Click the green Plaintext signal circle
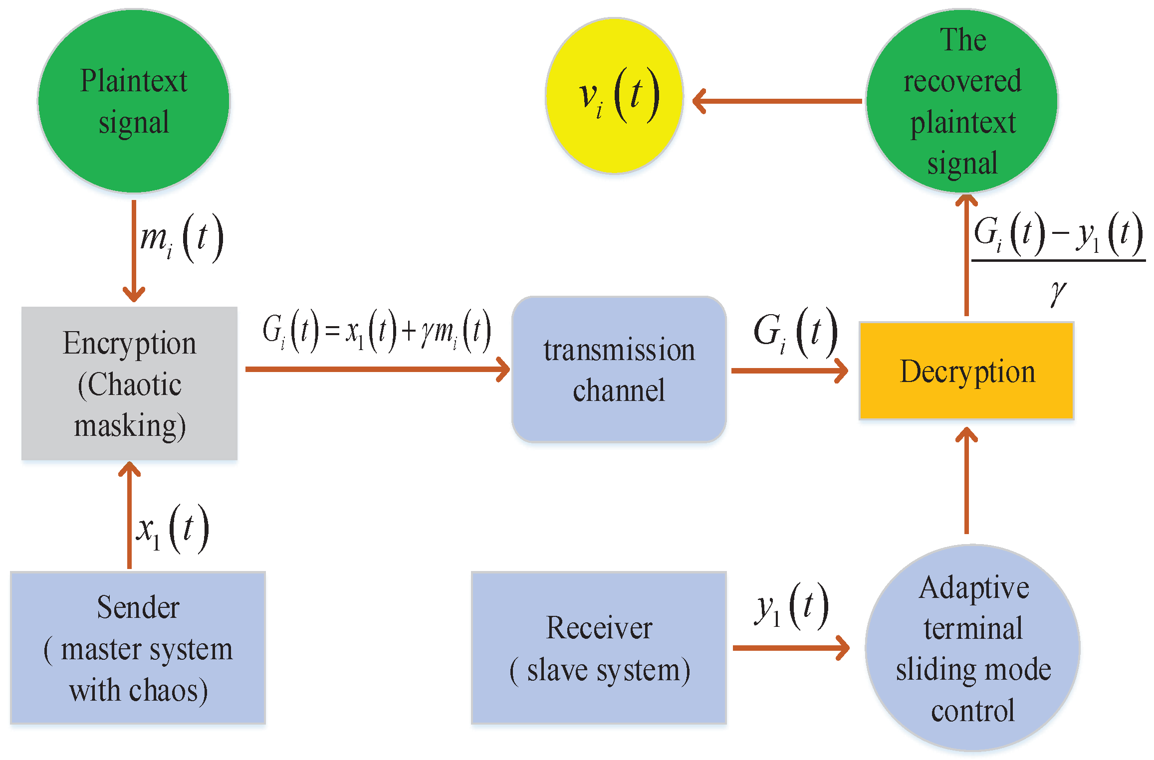click(134, 101)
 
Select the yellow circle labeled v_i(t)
click(615, 96)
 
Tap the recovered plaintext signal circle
click(962, 101)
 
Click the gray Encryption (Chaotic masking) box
click(129, 383)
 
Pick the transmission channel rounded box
click(619, 370)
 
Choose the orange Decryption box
click(966, 371)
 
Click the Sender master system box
click(138, 648)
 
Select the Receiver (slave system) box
click(599, 648)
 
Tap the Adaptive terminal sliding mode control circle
click(973, 648)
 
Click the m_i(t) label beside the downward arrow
click(181, 238)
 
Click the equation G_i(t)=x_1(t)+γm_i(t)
click(377, 331)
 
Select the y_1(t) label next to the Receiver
click(791, 606)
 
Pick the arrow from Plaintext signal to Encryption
click(134, 249)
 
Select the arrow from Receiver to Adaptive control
click(791, 648)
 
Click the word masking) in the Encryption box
click(130, 426)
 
